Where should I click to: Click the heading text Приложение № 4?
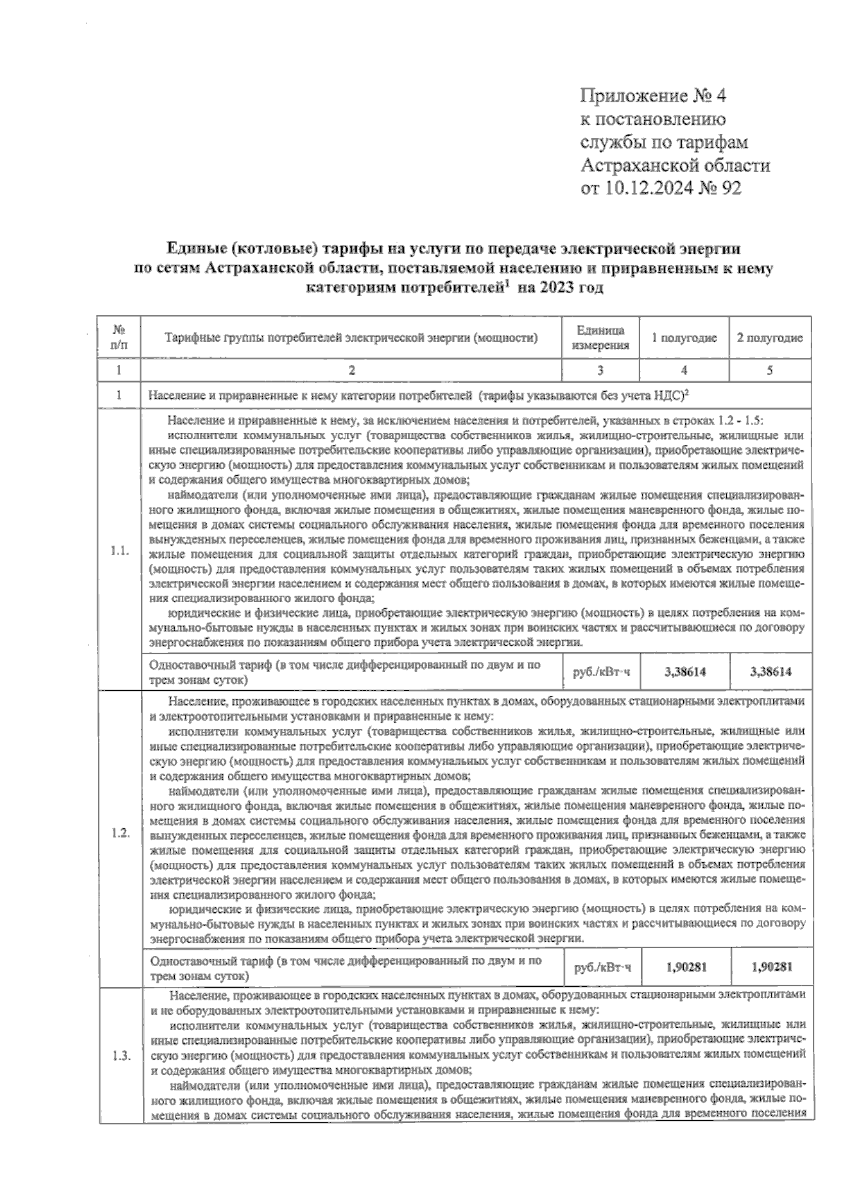[653, 97]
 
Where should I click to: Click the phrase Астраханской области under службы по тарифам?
[675, 166]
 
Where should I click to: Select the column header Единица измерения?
[600, 338]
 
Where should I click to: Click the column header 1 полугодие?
[684, 338]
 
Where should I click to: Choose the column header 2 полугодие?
[770, 338]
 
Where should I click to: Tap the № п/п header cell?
[119, 338]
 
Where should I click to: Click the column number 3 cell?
[600, 370]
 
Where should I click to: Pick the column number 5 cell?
[770, 370]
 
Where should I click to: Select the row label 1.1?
[119, 551]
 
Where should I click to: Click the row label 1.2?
[119, 833]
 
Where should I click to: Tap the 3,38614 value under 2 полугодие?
[771, 672]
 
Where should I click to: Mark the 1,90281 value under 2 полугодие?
[771, 967]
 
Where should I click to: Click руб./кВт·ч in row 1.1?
[601, 673]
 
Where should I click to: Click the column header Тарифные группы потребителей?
[351, 338]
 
